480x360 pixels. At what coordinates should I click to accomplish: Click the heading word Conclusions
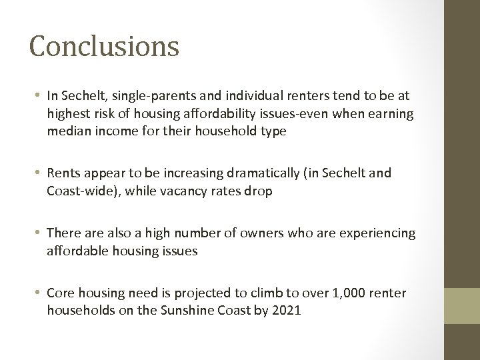(104, 46)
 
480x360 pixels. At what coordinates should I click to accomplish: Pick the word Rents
(63, 173)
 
